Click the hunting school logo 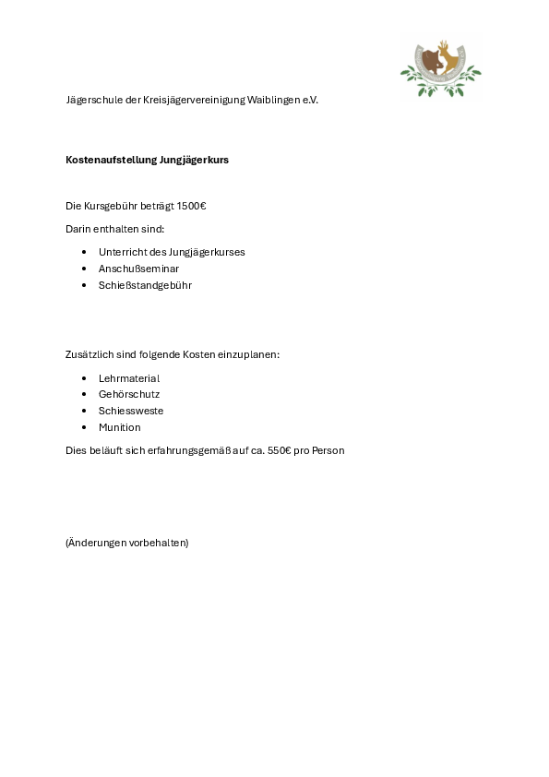[x=440, y=68]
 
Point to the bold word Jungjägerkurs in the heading [x=195, y=160]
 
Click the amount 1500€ [x=191, y=206]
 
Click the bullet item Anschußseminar [x=138, y=269]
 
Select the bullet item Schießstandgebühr [x=145, y=285]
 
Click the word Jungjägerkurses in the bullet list [x=207, y=252]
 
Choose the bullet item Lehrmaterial [x=129, y=378]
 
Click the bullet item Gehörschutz [x=129, y=394]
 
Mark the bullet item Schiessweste [x=131, y=411]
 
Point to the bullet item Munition [x=120, y=427]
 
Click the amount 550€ [x=280, y=450]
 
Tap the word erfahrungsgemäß [x=197, y=450]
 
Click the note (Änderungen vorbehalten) [x=126, y=543]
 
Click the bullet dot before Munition [x=84, y=427]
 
